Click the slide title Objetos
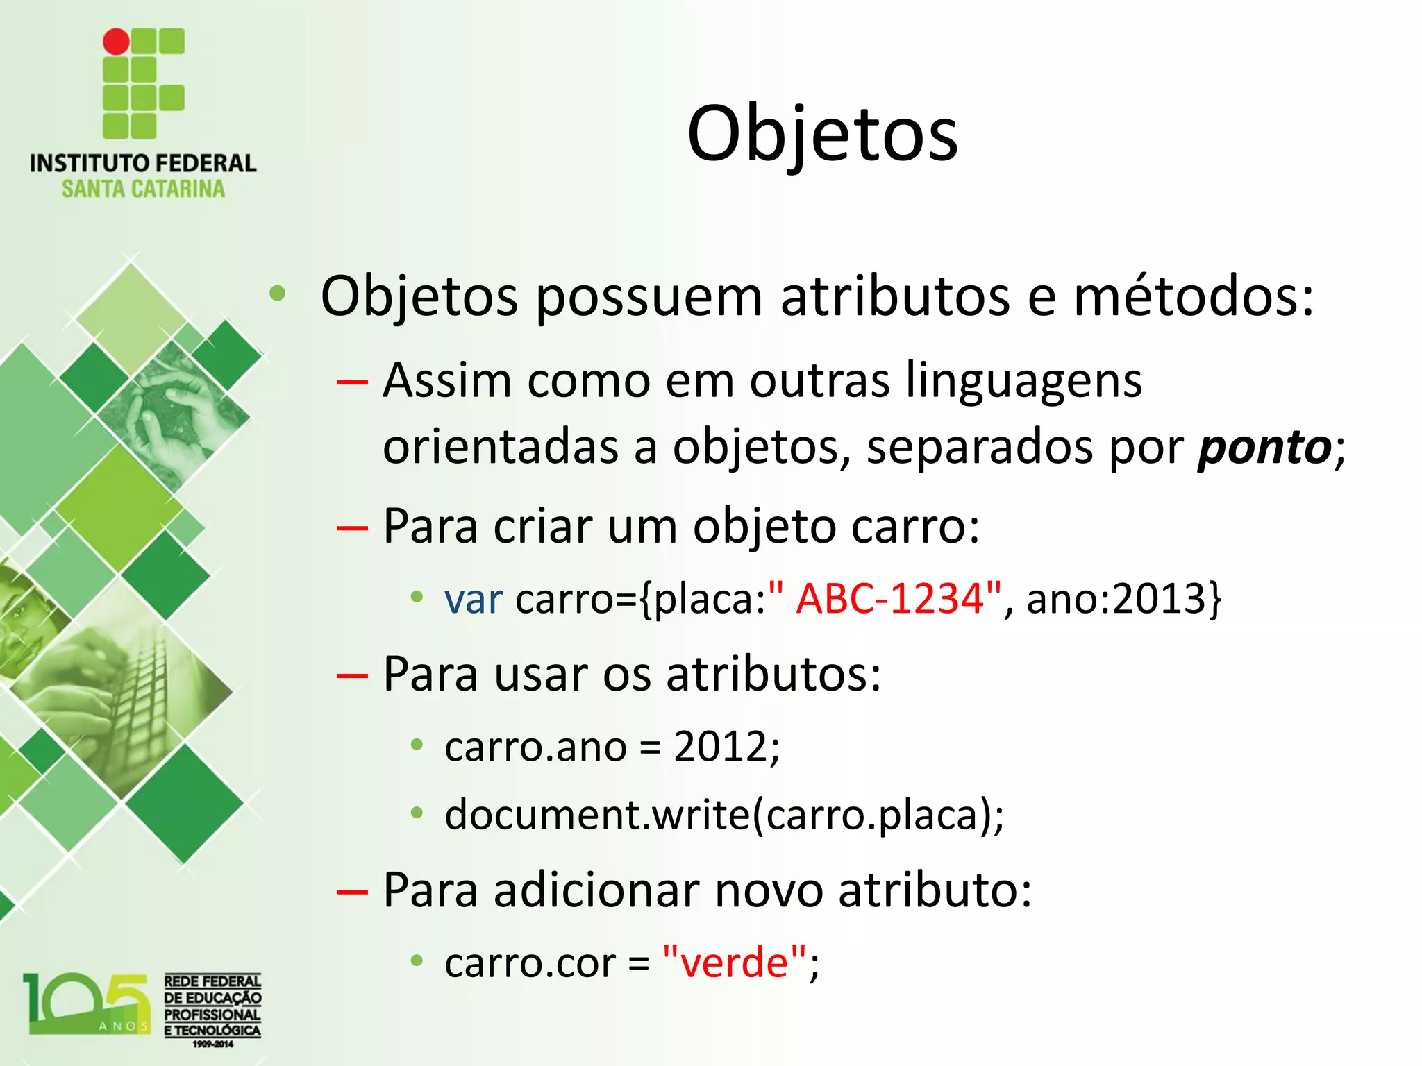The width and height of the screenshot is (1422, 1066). coord(822,133)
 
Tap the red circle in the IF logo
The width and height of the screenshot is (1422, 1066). coord(116,42)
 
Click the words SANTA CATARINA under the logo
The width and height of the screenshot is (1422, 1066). coord(143,189)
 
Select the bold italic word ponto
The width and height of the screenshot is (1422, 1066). coord(1264,447)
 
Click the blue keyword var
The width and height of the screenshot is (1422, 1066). coord(473,598)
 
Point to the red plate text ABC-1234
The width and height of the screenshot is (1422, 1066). coord(890,598)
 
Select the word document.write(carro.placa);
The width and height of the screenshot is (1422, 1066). coord(723,814)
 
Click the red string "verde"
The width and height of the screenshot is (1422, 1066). coord(735,963)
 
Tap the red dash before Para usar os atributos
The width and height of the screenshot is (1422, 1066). coord(352,675)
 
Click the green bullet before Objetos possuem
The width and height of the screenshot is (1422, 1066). coord(278,294)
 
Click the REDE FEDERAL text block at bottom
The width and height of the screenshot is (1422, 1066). coord(212,1006)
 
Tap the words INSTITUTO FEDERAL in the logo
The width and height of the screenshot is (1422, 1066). coord(143,163)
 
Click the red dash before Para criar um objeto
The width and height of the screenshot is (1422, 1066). coord(352,527)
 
